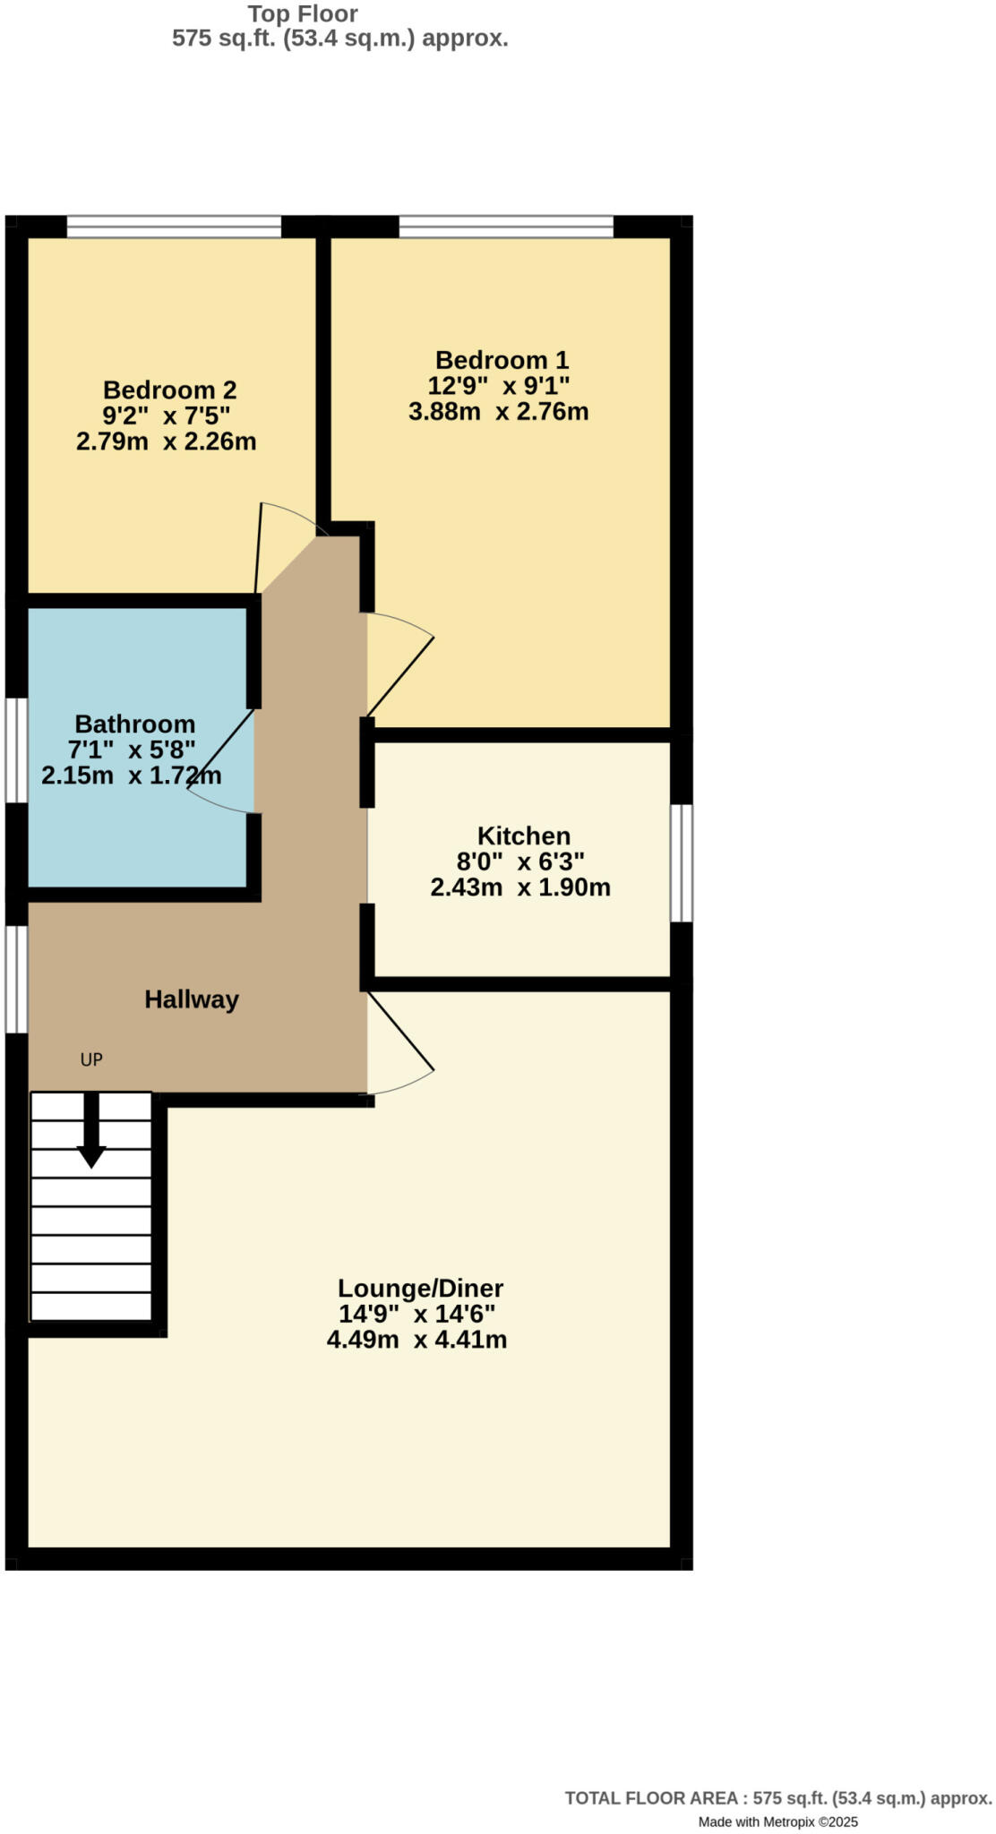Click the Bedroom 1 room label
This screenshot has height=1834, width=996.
point(502,360)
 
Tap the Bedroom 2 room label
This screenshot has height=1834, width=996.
point(169,390)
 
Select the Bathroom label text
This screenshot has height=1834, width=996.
point(134,724)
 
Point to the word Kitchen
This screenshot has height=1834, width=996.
point(523,836)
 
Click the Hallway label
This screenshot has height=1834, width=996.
point(192,999)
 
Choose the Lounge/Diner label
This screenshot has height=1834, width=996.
point(420,1288)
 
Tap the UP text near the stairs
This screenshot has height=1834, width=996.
point(91,1059)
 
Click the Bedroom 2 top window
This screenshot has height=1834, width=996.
point(174,227)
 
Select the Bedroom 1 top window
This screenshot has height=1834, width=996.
point(506,227)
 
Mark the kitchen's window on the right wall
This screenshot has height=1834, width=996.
point(682,862)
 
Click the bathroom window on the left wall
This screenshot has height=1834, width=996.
point(16,750)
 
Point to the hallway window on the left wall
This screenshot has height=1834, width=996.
point(16,979)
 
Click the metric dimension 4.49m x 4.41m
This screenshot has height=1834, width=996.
point(416,1340)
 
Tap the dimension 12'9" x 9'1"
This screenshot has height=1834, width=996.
point(499,386)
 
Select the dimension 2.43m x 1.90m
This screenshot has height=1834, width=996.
point(520,887)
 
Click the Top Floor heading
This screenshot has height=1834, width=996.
point(303,14)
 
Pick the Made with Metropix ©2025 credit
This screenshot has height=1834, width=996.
point(777,1821)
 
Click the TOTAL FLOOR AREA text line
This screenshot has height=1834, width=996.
point(777,1798)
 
